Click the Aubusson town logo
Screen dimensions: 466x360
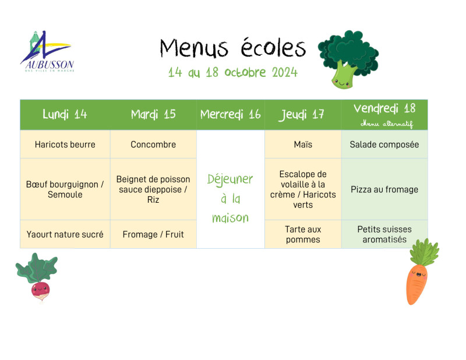47,51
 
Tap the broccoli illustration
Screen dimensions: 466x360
348,59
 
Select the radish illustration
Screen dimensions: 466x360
37,277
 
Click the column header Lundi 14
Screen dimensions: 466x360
65,114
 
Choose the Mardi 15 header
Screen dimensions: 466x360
153,114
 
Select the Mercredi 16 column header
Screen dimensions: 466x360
230,114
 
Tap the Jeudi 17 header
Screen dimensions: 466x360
301,115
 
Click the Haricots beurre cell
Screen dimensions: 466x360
65,144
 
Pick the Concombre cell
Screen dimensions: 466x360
153,144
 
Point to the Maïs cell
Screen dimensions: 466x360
303,144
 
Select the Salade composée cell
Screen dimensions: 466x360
384,144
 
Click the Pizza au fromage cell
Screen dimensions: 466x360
384,189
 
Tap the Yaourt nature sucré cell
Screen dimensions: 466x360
65,234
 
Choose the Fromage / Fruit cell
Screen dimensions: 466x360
153,234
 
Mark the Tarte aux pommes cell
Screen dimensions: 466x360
303,234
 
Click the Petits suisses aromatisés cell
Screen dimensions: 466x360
384,234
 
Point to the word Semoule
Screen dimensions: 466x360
65,195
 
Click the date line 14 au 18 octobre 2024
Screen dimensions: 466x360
232,72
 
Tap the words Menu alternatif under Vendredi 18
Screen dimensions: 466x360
387,123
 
